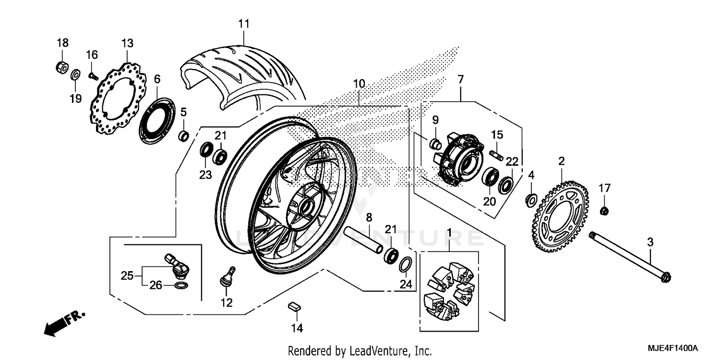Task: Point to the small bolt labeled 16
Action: coord(93,75)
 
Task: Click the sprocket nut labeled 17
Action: coord(605,210)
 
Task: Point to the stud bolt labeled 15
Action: coord(496,156)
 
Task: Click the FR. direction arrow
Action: coord(63,322)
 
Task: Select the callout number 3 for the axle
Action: coord(650,243)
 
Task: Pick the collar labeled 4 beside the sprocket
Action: coord(531,198)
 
